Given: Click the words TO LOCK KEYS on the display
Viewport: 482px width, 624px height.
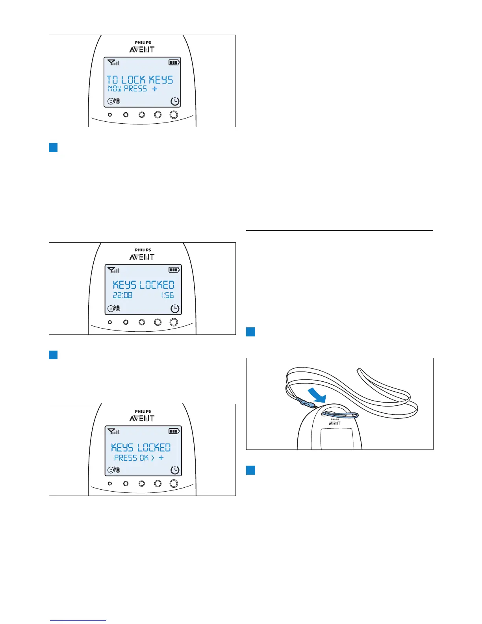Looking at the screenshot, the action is pos(140,80).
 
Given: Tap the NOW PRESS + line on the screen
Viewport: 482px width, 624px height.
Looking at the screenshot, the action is pos(133,89).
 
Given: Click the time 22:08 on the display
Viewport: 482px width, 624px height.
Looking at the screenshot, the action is pos(122,295).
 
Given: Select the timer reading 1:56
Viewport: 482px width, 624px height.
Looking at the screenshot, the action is pos(167,295).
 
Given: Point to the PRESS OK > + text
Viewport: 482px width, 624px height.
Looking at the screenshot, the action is pos(139,458).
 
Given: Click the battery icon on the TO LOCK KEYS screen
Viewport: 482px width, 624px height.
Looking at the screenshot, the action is pos(174,62).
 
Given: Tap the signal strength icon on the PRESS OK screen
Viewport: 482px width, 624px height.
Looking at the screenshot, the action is pos(113,431).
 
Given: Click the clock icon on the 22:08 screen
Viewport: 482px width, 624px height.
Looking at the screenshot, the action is pos(175,309).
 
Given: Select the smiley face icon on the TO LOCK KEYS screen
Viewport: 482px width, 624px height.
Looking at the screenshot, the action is pos(111,101).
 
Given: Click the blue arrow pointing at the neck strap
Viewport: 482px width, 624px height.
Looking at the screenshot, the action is pos(317,394).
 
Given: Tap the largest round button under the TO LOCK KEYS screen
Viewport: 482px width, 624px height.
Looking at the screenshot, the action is pos(174,115).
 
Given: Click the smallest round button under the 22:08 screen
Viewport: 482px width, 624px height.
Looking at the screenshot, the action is pos(110,322).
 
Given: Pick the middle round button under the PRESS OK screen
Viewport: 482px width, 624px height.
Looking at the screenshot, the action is pos(142,484).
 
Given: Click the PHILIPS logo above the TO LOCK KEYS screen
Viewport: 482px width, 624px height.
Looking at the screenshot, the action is pos(143,43).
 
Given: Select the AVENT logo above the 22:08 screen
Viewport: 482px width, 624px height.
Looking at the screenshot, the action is pos(142,257).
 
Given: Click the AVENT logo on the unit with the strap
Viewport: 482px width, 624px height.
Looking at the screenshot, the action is pos(335,423).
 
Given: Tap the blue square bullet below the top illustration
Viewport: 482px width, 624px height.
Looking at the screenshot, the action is pos(53,148).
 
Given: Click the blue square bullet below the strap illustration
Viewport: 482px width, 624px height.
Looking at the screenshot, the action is pos(250,470).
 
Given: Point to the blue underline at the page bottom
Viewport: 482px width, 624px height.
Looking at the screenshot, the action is pos(78,621).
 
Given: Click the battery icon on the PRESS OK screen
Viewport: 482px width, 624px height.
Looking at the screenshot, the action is pos(174,431).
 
